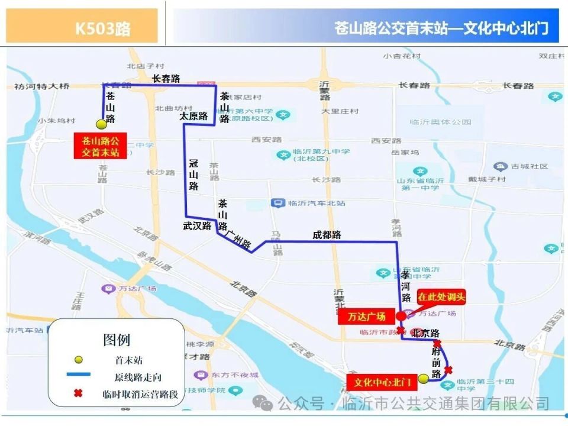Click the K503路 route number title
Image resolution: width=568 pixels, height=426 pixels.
click(x=102, y=28)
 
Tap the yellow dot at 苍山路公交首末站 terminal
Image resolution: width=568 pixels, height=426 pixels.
click(x=101, y=124)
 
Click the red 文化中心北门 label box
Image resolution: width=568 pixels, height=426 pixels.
click(x=382, y=383)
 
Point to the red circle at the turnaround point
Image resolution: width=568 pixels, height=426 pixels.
click(x=401, y=316)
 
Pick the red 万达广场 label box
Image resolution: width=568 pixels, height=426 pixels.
click(x=366, y=317)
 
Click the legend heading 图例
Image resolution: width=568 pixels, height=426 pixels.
click(x=116, y=340)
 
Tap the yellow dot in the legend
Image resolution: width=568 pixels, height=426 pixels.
click(x=78, y=360)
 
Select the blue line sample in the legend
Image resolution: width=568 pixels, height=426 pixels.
click(x=78, y=374)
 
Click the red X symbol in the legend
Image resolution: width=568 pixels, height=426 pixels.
click(x=78, y=393)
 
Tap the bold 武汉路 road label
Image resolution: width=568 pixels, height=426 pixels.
click(x=197, y=225)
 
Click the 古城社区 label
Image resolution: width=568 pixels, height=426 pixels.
click(x=529, y=167)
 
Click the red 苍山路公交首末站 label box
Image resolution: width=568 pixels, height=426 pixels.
click(x=101, y=146)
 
